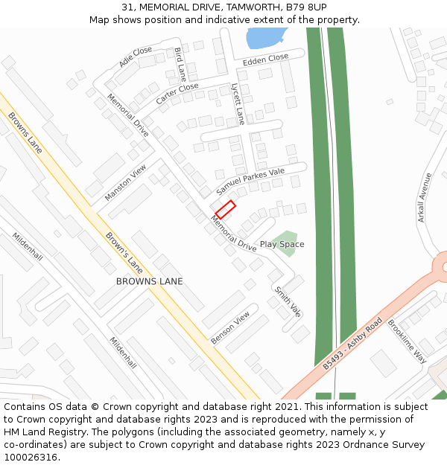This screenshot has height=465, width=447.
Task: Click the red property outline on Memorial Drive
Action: click(x=226, y=209)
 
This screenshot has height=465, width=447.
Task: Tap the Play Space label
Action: click(x=282, y=244)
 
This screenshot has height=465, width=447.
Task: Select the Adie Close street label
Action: click(x=135, y=57)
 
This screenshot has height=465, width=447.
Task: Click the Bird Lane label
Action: click(x=180, y=64)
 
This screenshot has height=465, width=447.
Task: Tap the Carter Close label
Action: click(x=177, y=93)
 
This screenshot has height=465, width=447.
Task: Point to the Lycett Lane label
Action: click(x=238, y=103)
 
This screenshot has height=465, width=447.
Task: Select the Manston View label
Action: click(x=126, y=182)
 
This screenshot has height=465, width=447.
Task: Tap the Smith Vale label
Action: click(x=288, y=301)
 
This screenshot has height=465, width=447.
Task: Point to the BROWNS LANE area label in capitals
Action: click(x=149, y=281)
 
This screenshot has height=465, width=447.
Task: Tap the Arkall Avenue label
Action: click(x=425, y=197)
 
